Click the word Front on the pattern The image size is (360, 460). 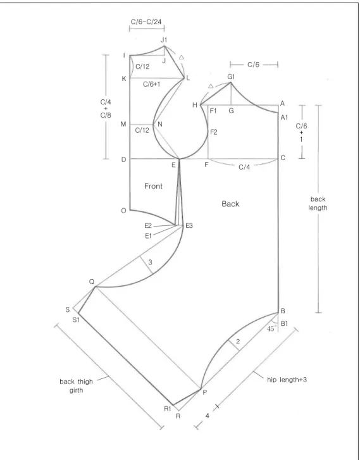pyautogui.click(x=153, y=186)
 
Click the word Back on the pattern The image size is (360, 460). pyautogui.click(x=230, y=204)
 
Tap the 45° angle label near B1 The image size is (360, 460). pyautogui.click(x=271, y=328)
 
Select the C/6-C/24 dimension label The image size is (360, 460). pyautogui.click(x=146, y=22)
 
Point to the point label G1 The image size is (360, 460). pyautogui.click(x=231, y=77)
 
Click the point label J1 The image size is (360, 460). pyautogui.click(x=164, y=40)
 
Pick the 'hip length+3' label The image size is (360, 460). pyautogui.click(x=287, y=380)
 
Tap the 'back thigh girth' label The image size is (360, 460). pyautogui.click(x=77, y=386)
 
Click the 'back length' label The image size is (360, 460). pyautogui.click(x=318, y=203)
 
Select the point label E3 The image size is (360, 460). pyautogui.click(x=189, y=226)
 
